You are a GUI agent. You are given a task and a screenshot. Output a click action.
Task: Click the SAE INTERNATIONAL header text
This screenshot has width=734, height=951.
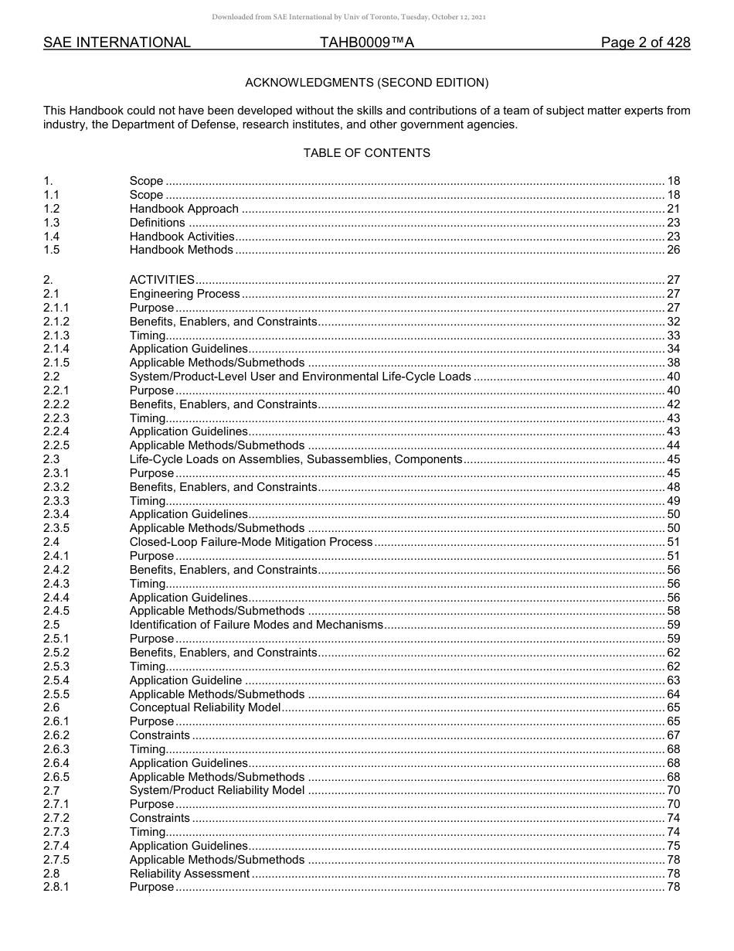tap(117, 43)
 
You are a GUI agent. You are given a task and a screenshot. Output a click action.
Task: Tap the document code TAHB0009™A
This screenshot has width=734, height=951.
tap(367, 43)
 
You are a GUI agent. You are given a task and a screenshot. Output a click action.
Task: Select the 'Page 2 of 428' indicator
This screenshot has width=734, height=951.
tap(645, 43)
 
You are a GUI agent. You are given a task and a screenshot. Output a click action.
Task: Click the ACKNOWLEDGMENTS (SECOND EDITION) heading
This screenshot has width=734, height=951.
tap(367, 82)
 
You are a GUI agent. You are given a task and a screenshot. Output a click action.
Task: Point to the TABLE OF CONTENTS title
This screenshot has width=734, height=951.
tap(367, 153)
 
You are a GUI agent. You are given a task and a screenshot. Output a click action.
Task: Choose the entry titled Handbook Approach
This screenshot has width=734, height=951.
tap(184, 209)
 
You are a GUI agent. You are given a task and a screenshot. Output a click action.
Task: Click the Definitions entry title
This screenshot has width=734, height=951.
tap(157, 223)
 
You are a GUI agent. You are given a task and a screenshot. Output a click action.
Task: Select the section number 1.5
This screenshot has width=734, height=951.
tap(52, 250)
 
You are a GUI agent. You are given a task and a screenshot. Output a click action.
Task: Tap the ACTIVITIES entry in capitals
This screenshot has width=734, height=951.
tap(162, 280)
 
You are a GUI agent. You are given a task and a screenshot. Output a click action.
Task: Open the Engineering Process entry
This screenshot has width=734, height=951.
tap(185, 294)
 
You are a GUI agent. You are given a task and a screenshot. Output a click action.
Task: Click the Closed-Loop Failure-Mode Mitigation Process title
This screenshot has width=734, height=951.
tap(251, 542)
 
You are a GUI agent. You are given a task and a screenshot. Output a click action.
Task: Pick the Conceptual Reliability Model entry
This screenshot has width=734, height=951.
tap(205, 707)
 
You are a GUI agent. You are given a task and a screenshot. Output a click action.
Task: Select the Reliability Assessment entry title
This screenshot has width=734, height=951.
tap(189, 874)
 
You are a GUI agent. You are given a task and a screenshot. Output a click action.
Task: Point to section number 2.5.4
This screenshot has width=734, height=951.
tap(56, 680)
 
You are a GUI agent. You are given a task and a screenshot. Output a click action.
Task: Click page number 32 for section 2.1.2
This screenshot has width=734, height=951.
tap(673, 322)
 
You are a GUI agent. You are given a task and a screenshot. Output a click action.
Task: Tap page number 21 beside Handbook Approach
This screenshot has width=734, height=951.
tap(673, 209)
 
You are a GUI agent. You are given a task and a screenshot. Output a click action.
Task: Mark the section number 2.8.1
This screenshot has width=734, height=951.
tap(56, 887)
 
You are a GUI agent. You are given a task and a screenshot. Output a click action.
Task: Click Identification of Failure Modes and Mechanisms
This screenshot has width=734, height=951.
tap(256, 625)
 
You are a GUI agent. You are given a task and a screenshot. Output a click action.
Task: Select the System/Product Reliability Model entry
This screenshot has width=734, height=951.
tap(217, 790)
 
